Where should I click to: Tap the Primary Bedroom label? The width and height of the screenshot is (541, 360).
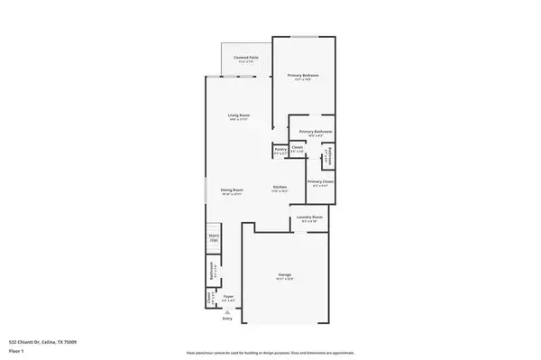(x=304, y=76)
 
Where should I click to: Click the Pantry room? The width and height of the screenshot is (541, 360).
(x=280, y=151)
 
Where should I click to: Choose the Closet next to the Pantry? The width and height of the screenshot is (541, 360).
(x=297, y=149)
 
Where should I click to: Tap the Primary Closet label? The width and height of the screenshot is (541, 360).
(x=320, y=183)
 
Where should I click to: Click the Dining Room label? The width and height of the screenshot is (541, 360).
(x=233, y=190)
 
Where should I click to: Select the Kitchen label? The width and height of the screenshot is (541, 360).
(x=281, y=189)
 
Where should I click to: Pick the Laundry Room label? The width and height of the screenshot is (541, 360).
(x=305, y=219)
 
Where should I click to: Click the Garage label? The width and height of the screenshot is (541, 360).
(x=284, y=277)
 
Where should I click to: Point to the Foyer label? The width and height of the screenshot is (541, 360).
(x=229, y=297)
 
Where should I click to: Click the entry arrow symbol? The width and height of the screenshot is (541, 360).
(x=226, y=312)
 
